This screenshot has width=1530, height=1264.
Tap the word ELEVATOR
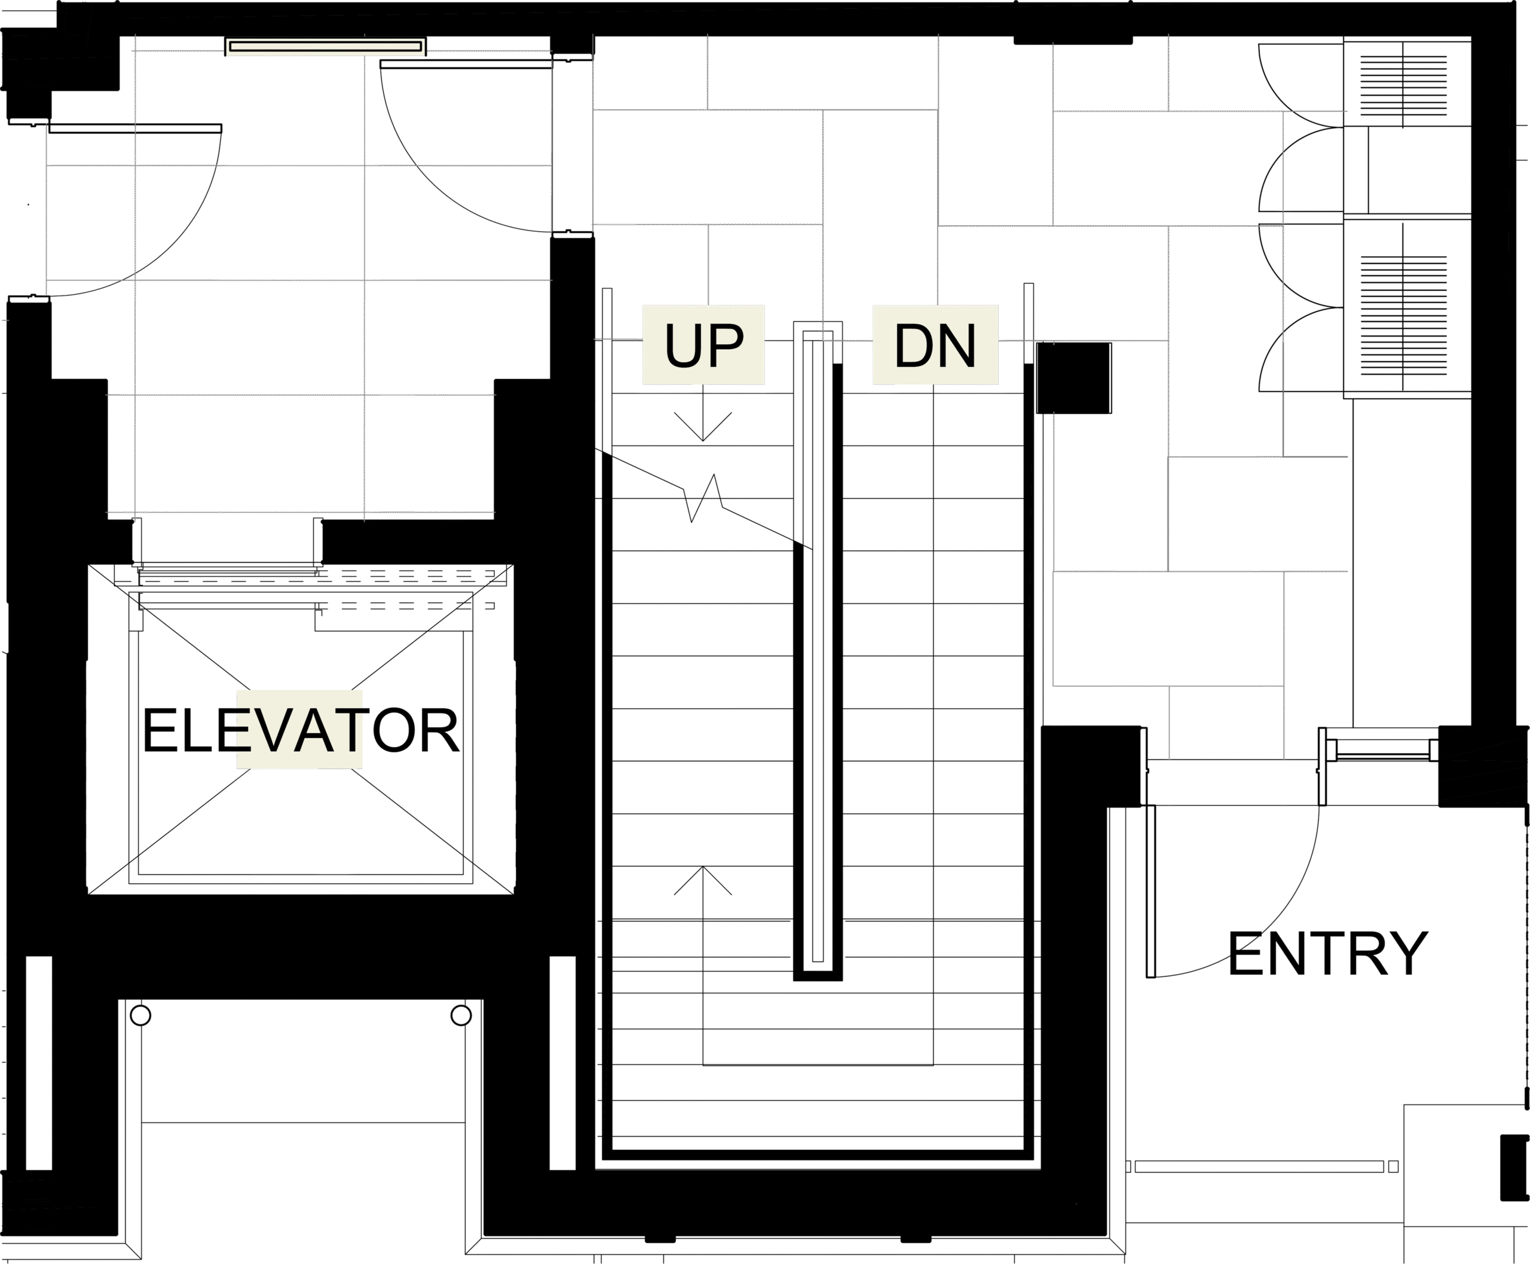[300, 730]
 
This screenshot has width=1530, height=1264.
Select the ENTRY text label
[1327, 954]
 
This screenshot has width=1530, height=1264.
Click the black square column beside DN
[1074, 378]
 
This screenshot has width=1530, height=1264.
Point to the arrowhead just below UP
[703, 427]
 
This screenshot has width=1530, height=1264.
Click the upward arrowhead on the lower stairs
[703, 880]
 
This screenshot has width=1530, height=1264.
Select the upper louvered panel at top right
[1403, 85]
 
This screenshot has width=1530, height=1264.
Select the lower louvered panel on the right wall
[1403, 316]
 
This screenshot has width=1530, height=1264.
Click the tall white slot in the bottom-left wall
[39, 1063]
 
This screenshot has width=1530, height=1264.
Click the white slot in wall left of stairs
[562, 1063]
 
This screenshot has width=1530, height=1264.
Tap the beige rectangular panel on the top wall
[326, 47]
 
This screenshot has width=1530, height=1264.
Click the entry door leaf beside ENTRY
[1150, 891]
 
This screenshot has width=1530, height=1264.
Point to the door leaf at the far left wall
[134, 128]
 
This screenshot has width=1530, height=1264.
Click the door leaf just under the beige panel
[466, 64]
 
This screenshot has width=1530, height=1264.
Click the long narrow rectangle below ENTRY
[1259, 1167]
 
